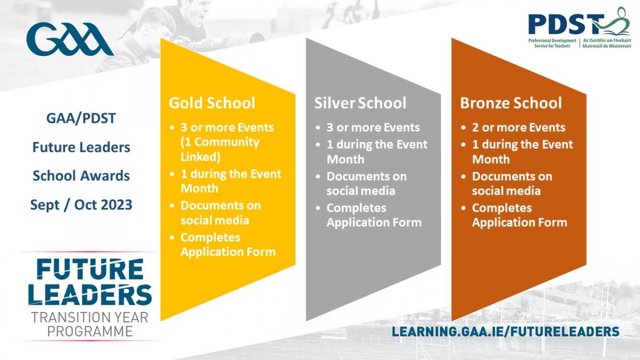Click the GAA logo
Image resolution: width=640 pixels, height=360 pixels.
click(x=70, y=39)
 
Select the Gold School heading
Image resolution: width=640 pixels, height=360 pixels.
click(x=212, y=103)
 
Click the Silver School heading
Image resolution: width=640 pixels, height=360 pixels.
click(x=360, y=103)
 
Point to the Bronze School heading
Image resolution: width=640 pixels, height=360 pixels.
click(x=511, y=103)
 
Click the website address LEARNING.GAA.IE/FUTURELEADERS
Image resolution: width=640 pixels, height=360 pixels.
click(x=506, y=331)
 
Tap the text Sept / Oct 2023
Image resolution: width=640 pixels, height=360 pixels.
click(x=81, y=205)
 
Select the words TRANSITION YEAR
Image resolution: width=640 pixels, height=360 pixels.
click(x=90, y=317)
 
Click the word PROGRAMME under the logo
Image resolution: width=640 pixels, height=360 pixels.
click(x=90, y=331)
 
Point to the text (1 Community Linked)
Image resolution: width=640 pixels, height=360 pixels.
click(x=220, y=149)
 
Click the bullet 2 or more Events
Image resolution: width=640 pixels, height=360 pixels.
click(x=518, y=127)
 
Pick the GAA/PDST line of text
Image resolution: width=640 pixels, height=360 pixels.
click(x=81, y=118)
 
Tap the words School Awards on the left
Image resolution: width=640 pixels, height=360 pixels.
click(x=81, y=175)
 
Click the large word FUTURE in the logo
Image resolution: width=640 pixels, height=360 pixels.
click(x=90, y=269)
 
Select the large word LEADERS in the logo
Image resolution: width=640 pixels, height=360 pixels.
click(x=90, y=294)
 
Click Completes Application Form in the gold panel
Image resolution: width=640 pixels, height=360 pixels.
click(x=228, y=245)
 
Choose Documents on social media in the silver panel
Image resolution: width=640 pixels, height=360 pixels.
click(x=366, y=183)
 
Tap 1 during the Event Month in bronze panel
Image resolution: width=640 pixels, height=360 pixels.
click(x=523, y=151)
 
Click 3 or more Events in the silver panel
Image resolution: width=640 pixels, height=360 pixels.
click(x=373, y=127)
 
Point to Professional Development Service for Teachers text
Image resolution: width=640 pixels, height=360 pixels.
click(x=553, y=43)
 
